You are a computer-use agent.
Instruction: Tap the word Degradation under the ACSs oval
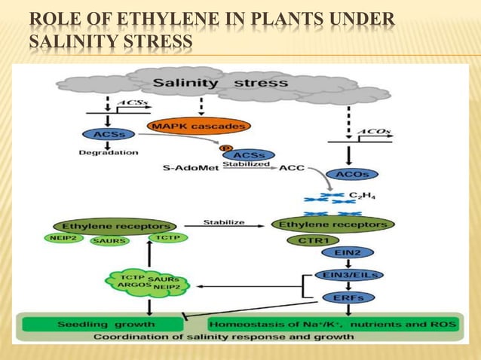(x=109, y=152)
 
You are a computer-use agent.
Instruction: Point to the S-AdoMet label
(x=191, y=168)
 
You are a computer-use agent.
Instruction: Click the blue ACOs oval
(x=351, y=174)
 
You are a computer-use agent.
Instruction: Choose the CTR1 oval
(x=308, y=240)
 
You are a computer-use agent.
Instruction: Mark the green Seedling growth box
(x=103, y=324)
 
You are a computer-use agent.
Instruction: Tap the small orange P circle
(x=223, y=148)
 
